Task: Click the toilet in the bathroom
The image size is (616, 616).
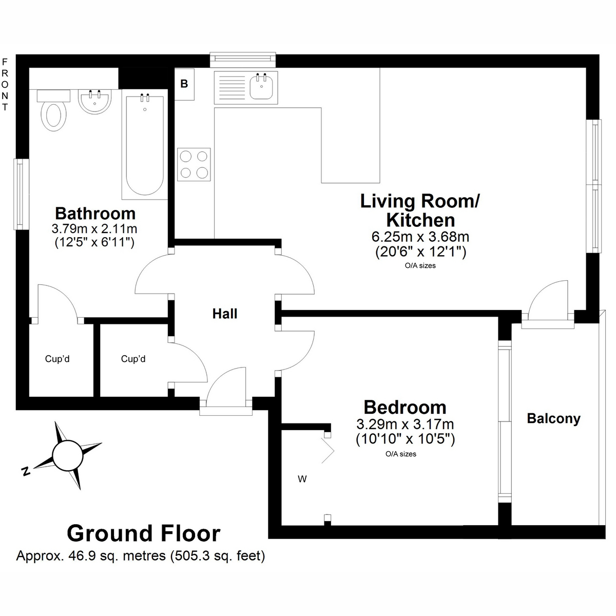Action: tap(54, 110)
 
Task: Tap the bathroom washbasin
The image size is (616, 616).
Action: tap(94, 101)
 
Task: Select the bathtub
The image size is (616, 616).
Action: tap(144, 144)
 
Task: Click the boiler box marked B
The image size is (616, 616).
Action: tap(184, 84)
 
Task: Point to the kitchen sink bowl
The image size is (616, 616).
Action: tap(261, 86)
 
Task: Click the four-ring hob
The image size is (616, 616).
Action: tap(194, 165)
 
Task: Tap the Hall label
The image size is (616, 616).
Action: tap(225, 314)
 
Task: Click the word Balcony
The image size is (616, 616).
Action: tap(554, 418)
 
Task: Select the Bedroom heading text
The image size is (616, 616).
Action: tap(405, 407)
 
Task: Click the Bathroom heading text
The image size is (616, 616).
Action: tap(95, 213)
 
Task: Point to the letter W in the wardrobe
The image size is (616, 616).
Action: tap(302, 479)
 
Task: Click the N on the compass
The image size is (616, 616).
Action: tap(26, 471)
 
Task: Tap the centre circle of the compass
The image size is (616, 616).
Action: tap(68, 456)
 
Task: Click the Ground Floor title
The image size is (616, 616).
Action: tap(144, 533)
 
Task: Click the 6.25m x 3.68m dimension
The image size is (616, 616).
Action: tap(420, 237)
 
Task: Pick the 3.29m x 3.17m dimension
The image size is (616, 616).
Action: tap(405, 424)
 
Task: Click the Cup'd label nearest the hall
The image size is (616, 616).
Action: tap(133, 359)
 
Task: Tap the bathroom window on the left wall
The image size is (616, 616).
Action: tap(21, 194)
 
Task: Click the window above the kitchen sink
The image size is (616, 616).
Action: tap(243, 60)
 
